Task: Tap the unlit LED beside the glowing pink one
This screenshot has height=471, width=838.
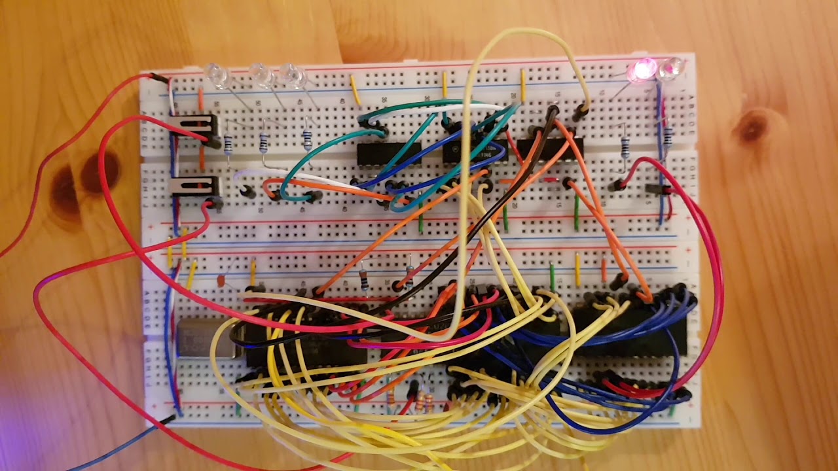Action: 670,68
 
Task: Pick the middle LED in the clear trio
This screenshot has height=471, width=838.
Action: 261,75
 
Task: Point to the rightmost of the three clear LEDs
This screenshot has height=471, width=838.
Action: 293,76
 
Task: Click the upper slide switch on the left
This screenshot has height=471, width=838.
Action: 194,125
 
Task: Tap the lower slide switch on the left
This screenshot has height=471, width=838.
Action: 194,186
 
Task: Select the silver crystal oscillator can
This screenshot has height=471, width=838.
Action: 203,338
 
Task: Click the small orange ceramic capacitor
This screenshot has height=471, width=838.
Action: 223,281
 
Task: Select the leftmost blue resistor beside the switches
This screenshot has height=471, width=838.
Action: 228,144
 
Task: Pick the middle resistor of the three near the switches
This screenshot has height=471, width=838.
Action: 264,141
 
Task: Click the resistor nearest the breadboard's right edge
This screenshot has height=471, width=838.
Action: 668,135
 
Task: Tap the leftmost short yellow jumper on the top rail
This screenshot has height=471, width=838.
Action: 355,90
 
